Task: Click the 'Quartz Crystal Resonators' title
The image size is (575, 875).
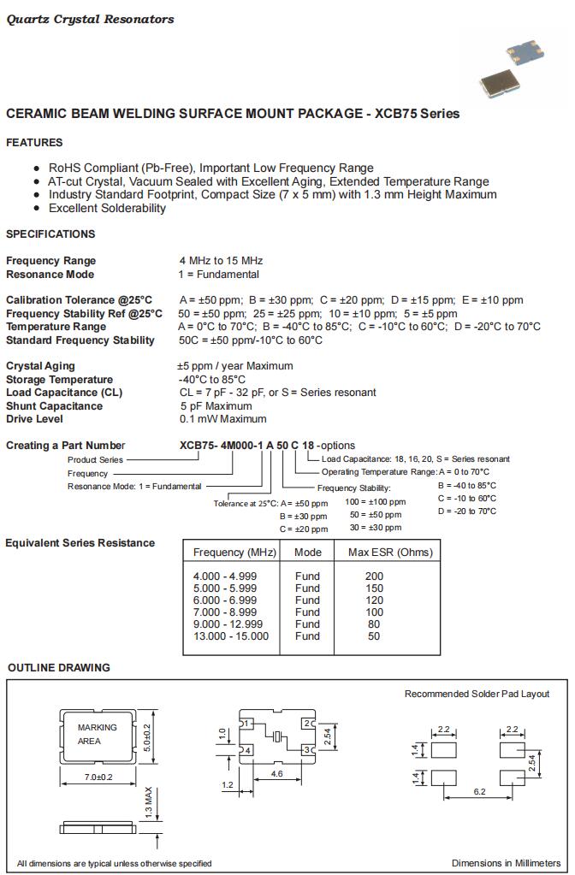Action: point(90,20)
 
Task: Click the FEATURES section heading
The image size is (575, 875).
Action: point(34,143)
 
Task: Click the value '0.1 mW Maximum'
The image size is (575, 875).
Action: point(223,419)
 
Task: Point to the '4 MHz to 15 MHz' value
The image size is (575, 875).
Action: point(221,261)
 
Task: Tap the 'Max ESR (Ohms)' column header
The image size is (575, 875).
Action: point(390,553)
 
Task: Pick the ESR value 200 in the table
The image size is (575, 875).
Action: point(374,576)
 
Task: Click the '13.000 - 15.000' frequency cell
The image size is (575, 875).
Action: point(231,636)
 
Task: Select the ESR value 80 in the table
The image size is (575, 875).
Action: point(374,624)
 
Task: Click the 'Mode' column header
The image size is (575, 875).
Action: point(308,553)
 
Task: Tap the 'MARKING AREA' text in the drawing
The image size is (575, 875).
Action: point(97,734)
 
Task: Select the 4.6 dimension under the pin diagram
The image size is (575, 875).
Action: point(277,773)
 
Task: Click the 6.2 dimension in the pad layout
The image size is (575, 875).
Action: point(479,792)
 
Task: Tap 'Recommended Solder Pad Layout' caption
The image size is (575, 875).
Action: point(477,694)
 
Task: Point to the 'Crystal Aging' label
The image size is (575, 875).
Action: point(40,366)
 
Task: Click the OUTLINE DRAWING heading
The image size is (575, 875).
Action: point(59,668)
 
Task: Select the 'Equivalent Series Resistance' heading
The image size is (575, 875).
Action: point(80,543)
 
